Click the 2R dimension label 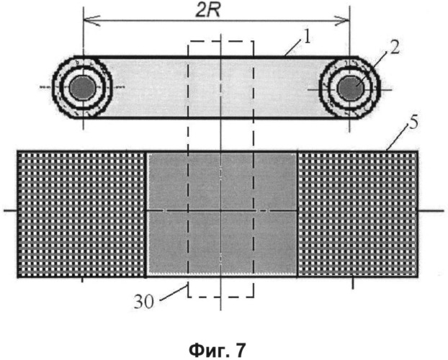(207, 11)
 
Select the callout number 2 (394, 48)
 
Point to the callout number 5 (413, 122)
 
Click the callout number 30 (144, 302)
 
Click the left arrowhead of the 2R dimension (91, 21)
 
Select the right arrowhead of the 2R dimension (342, 21)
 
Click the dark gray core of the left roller (83, 88)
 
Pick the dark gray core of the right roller (350, 89)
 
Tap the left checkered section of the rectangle (82, 215)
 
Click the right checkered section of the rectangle (358, 215)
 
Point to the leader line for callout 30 (172, 294)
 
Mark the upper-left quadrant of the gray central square (184, 181)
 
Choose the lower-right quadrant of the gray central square (259, 243)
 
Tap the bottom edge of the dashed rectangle (220, 297)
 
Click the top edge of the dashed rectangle (220, 42)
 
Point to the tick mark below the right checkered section (353, 283)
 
